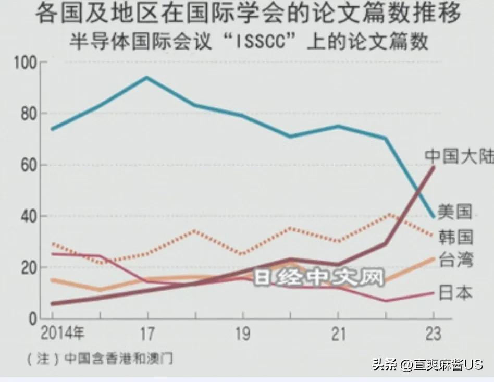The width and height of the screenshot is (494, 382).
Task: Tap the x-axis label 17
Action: point(147,334)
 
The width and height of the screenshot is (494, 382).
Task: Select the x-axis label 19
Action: point(243,334)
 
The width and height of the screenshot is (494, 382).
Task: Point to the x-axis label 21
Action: point(338,334)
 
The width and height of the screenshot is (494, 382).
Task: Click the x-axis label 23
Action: point(433,334)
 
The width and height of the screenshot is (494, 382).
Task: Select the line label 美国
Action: point(455,211)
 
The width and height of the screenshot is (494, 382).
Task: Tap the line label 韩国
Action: point(455,237)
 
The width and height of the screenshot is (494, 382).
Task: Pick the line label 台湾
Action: point(455,259)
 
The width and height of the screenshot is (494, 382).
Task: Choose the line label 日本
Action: point(455,293)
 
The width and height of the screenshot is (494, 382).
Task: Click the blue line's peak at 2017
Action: point(147,78)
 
